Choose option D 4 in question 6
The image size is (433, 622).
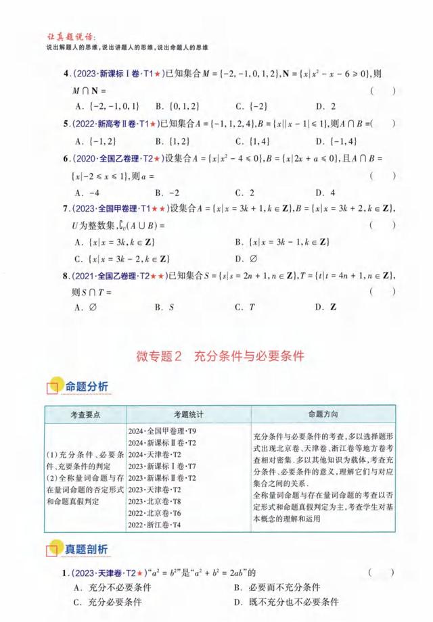pyautogui.click(x=329, y=192)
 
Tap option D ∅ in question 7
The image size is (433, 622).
pyautogui.click(x=243, y=258)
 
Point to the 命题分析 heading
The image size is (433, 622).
pyautogui.click(x=86, y=387)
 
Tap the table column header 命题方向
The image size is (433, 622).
pyautogui.click(x=323, y=414)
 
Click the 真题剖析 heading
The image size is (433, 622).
pyautogui.click(x=86, y=548)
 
